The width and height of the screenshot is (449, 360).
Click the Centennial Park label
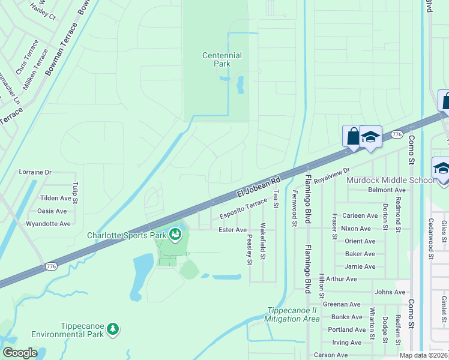(221, 59)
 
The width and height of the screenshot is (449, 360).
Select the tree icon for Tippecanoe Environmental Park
(112, 329)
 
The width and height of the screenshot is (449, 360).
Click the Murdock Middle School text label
(398, 180)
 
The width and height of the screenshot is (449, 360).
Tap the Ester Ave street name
(232, 230)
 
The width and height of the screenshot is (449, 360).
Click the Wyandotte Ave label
(48, 224)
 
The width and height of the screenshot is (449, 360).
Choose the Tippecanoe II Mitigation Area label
(292, 314)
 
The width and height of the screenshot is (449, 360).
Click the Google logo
(20, 353)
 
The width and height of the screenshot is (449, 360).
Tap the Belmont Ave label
(387, 190)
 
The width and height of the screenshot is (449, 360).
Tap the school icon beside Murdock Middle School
(442, 167)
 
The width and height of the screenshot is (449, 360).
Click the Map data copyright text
(423, 355)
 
